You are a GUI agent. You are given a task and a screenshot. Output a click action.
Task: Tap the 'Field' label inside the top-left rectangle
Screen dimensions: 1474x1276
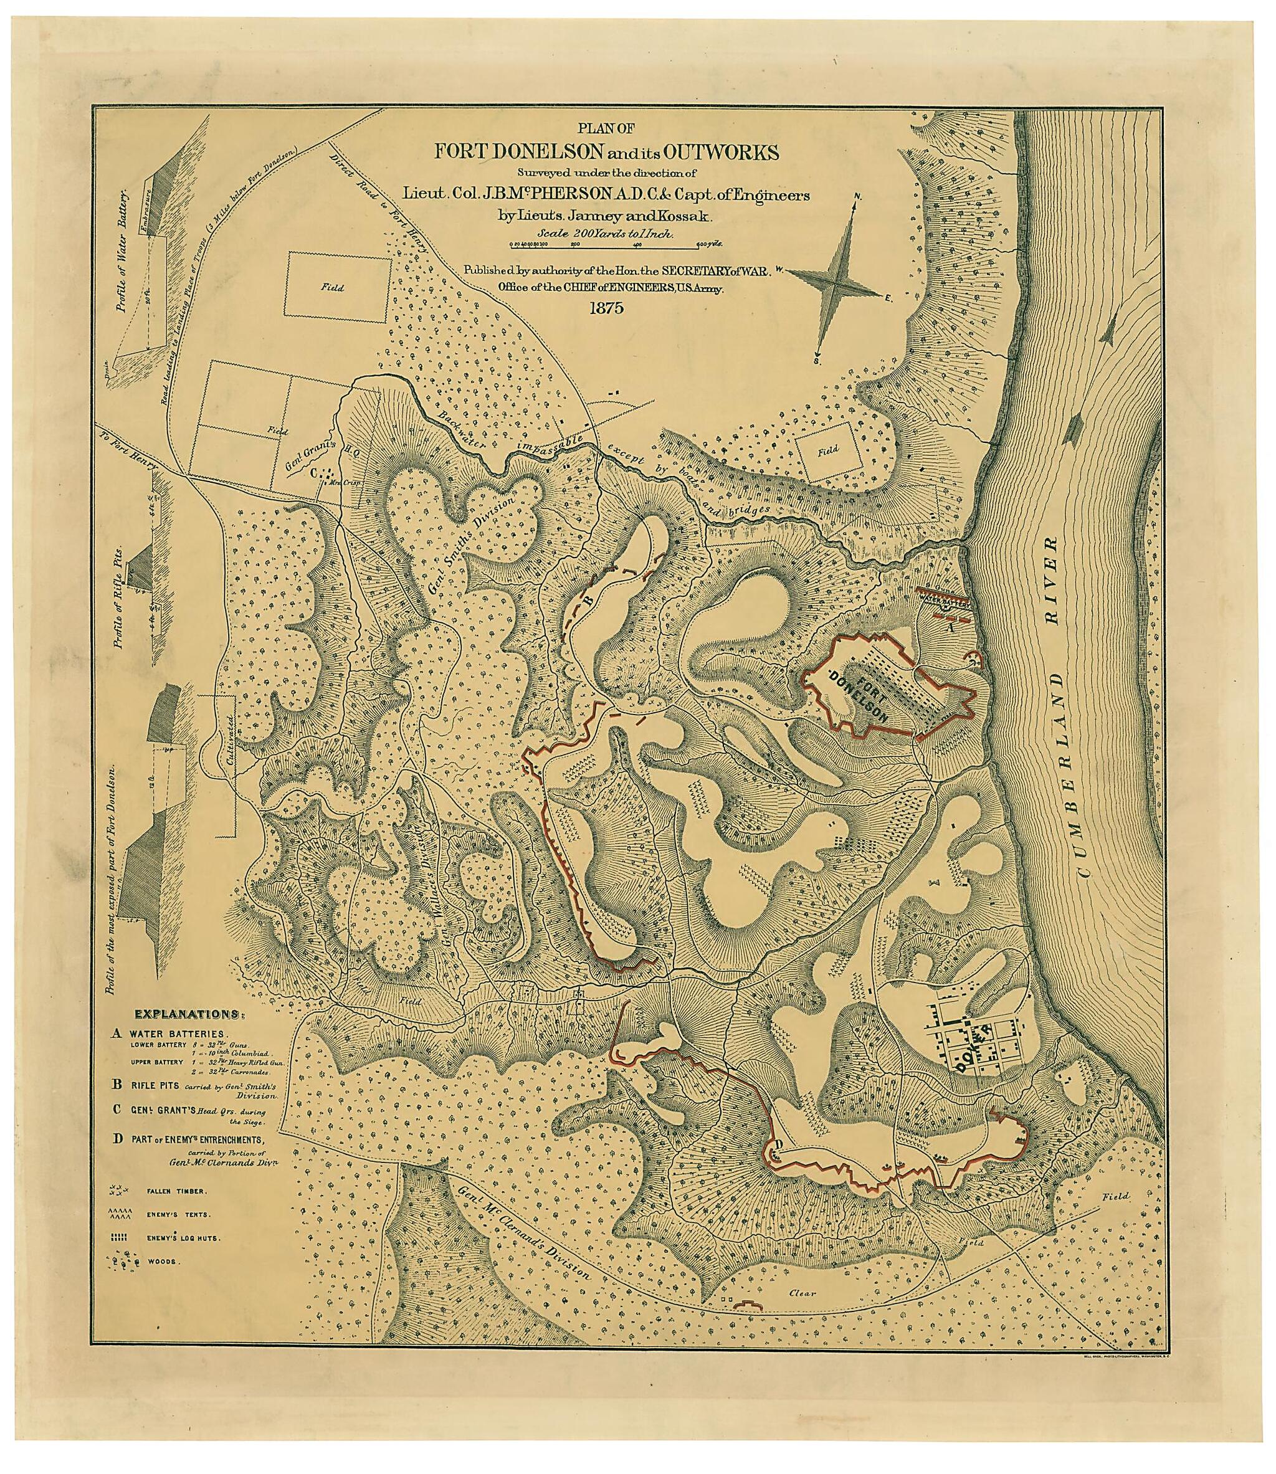point(333,288)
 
